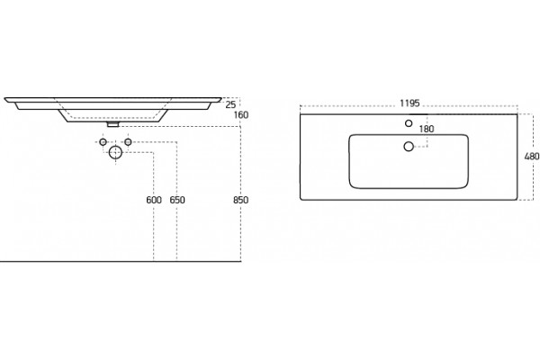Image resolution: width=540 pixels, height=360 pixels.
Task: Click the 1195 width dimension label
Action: (409, 103)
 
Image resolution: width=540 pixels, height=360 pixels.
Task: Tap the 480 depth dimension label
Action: (532, 157)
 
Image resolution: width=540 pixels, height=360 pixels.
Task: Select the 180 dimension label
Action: (427, 129)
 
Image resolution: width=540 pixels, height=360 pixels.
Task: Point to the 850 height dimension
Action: (240, 200)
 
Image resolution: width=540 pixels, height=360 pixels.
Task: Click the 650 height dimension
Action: (177, 200)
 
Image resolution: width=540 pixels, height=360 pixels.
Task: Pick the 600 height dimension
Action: (154, 200)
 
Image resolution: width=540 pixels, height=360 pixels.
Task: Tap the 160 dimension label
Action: (240, 114)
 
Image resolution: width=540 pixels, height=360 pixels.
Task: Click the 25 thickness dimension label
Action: (230, 104)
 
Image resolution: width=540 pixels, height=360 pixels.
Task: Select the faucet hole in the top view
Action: (409, 123)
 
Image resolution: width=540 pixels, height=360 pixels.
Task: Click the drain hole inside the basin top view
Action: (409, 147)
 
